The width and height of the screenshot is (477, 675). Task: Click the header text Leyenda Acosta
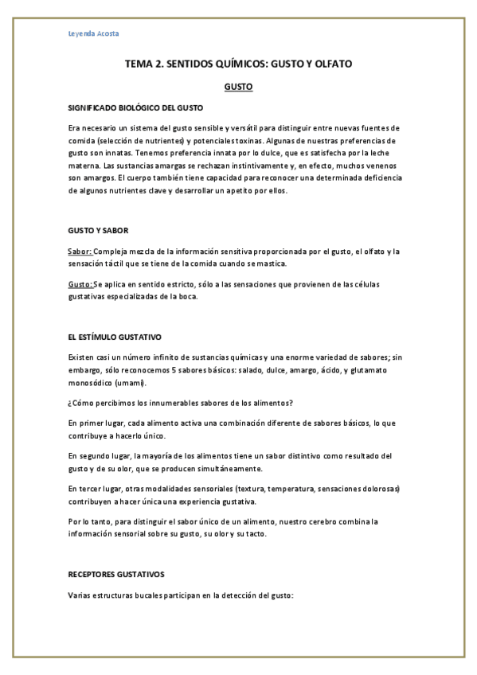point(91,33)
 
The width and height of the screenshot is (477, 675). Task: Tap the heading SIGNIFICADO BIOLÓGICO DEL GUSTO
point(135,107)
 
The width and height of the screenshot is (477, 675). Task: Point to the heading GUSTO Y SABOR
point(92,231)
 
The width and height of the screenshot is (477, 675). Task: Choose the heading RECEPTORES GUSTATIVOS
point(116,573)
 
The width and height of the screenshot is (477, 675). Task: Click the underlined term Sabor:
point(80,252)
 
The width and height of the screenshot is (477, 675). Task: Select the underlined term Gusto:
point(80,284)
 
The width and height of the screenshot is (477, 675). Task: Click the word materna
point(85,166)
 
